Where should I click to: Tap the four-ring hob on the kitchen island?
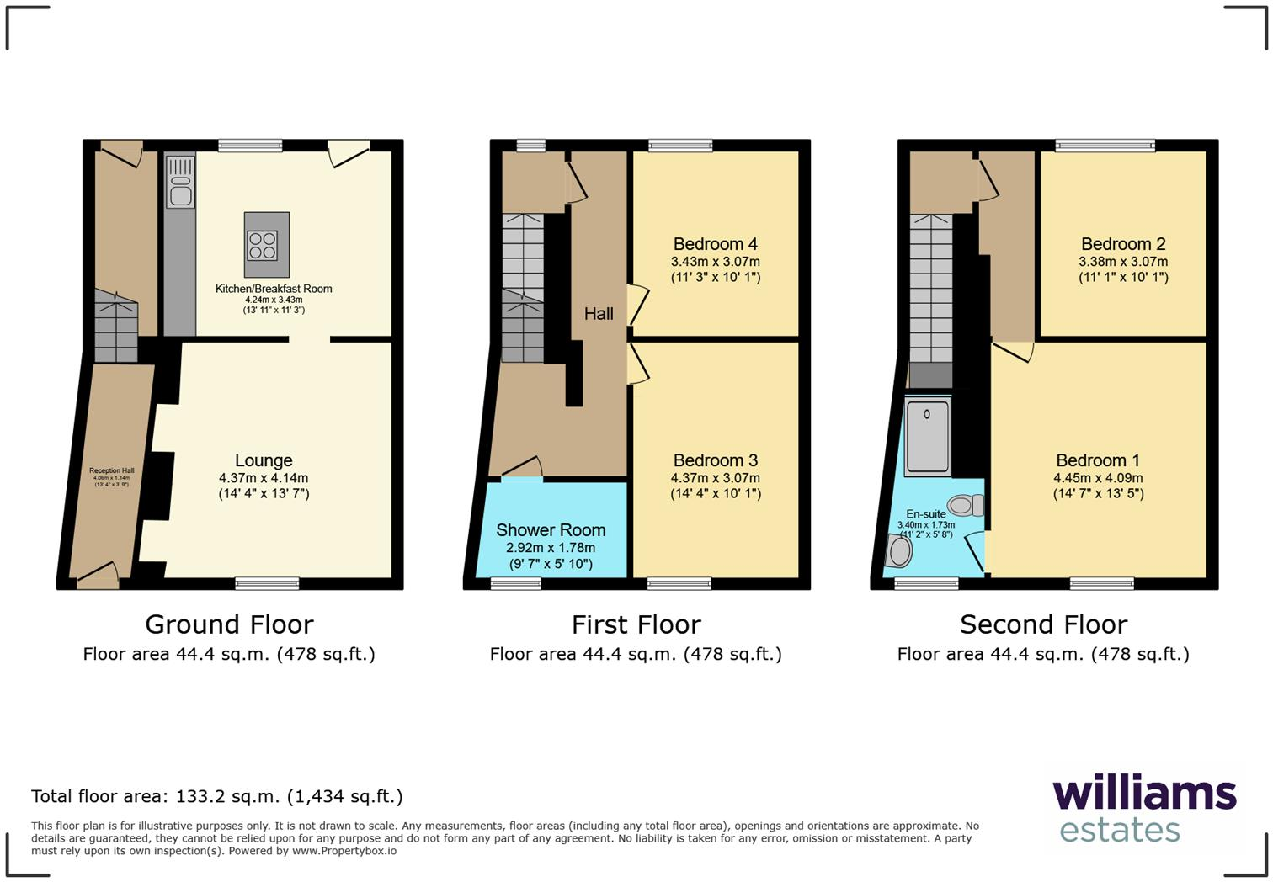263,245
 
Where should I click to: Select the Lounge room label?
264,460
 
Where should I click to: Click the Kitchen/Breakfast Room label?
274,289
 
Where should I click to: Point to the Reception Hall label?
111,471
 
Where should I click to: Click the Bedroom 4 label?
715,244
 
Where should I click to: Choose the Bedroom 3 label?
715,460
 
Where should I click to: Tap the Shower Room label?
551,530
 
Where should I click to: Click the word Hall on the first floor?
599,314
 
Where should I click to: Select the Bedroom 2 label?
1123,244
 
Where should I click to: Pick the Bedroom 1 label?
1098,460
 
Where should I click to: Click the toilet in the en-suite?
967,505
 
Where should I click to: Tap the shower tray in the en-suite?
927,438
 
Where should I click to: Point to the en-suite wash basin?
899,552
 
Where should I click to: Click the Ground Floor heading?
229,624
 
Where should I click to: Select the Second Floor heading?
1043,624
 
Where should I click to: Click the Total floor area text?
217,796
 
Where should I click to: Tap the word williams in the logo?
1144,794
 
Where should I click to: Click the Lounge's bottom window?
267,582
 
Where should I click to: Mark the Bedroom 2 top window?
1105,146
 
